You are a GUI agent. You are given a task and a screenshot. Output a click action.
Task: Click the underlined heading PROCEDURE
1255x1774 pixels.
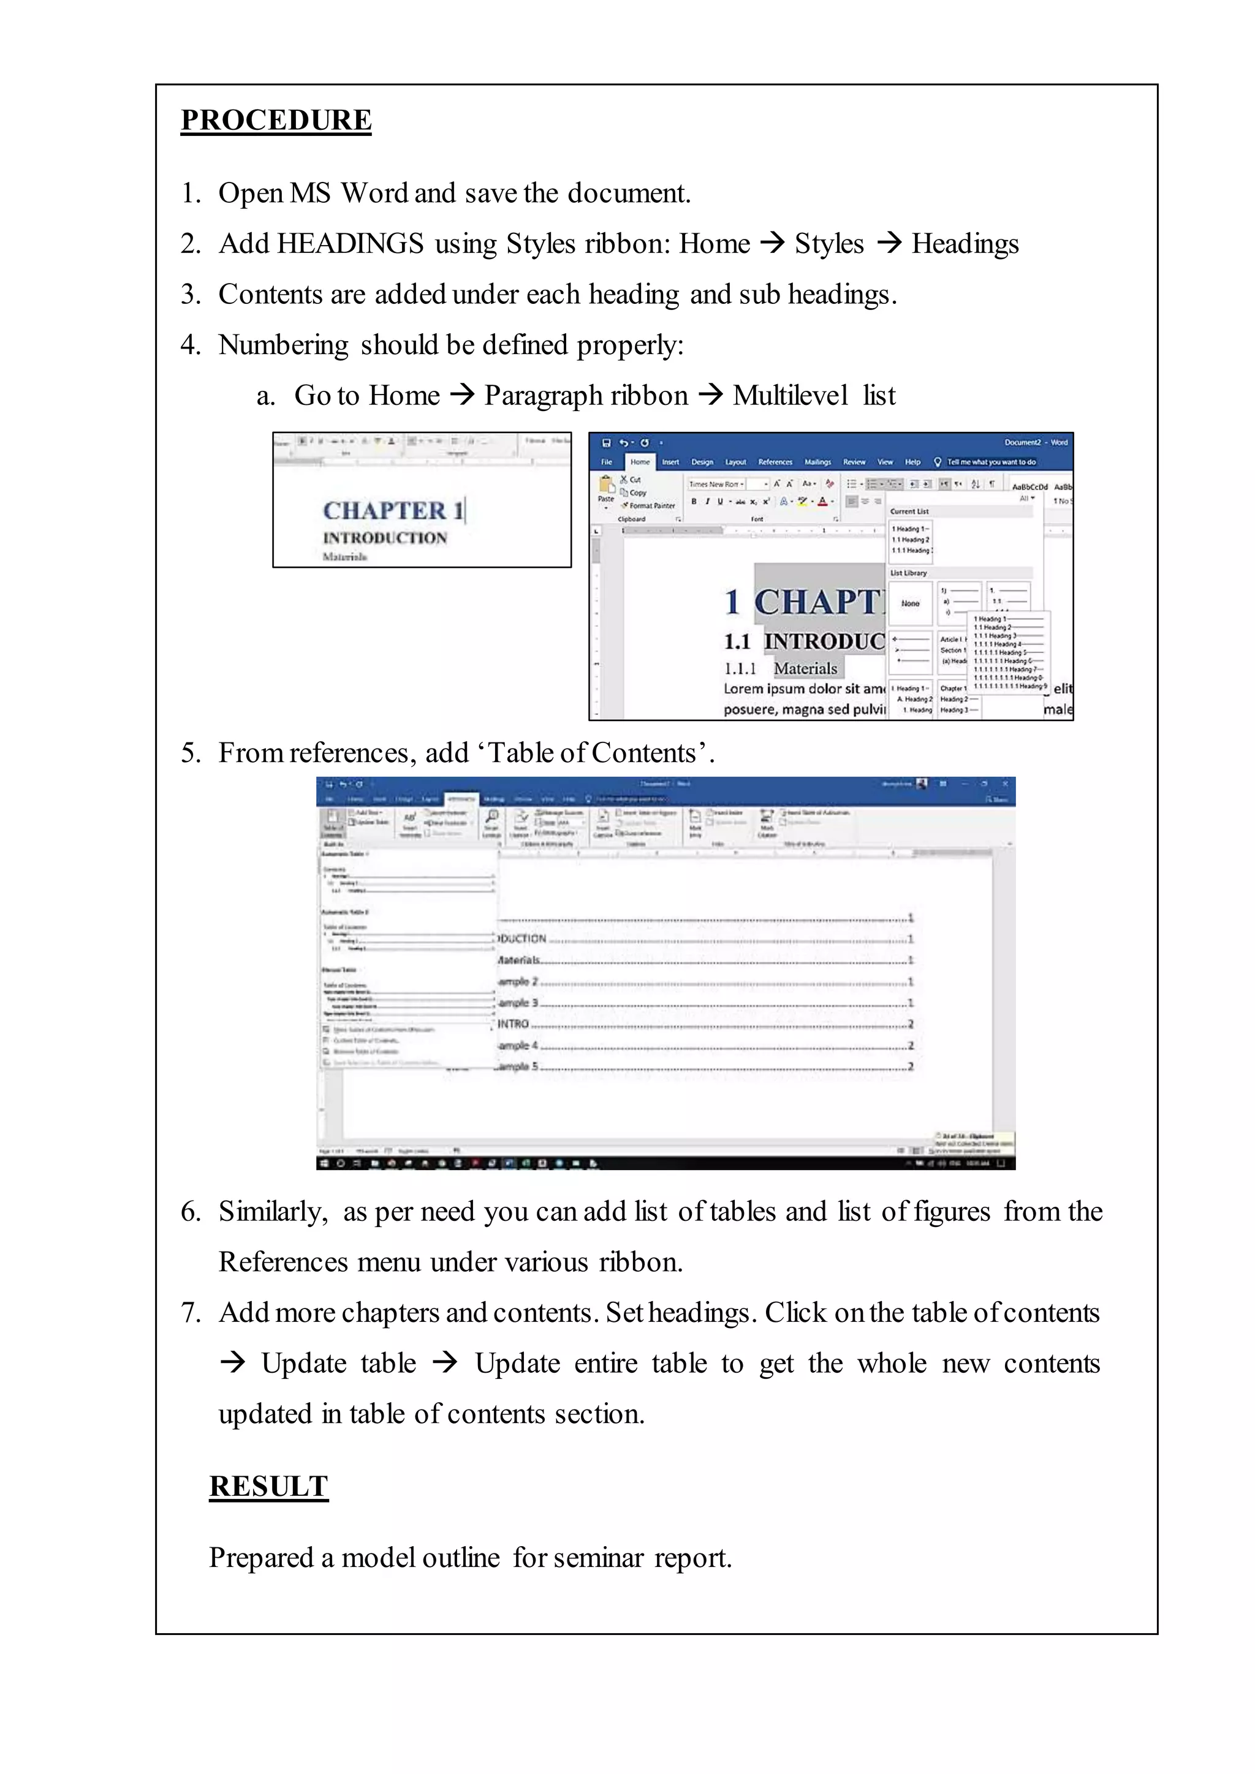(276, 121)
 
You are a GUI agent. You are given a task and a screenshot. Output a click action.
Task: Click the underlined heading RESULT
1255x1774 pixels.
(268, 1486)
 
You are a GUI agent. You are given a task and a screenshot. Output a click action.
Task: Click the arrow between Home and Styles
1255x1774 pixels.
(772, 243)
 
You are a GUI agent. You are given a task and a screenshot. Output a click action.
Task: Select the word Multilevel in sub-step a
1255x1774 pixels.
(790, 395)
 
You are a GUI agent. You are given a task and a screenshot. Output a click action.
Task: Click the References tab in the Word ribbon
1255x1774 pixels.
(775, 462)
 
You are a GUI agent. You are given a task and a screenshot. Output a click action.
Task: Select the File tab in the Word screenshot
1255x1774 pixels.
(607, 462)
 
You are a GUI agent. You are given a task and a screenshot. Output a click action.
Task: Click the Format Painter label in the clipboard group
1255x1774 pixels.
(651, 505)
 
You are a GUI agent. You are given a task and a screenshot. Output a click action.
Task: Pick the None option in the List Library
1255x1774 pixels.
(911, 603)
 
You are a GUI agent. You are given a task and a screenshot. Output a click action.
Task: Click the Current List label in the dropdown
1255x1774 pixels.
(909, 511)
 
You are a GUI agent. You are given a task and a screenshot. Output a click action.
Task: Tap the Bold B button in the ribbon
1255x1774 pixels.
(694, 502)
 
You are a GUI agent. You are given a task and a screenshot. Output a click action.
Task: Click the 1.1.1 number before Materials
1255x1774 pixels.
(740, 668)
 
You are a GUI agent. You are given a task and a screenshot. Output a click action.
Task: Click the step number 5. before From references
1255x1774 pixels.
(191, 753)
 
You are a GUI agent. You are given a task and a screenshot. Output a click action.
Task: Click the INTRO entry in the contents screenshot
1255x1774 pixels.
(513, 1024)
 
